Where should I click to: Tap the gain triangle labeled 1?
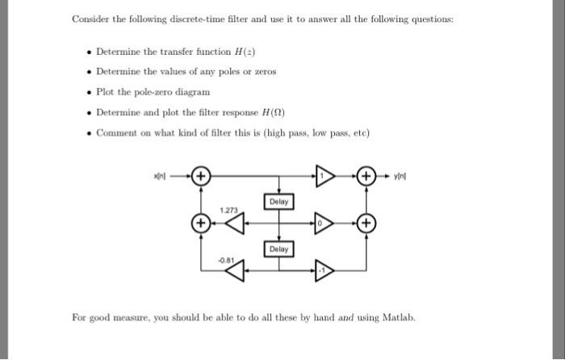tap(324, 175)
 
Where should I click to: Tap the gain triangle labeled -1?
tap(324, 271)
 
